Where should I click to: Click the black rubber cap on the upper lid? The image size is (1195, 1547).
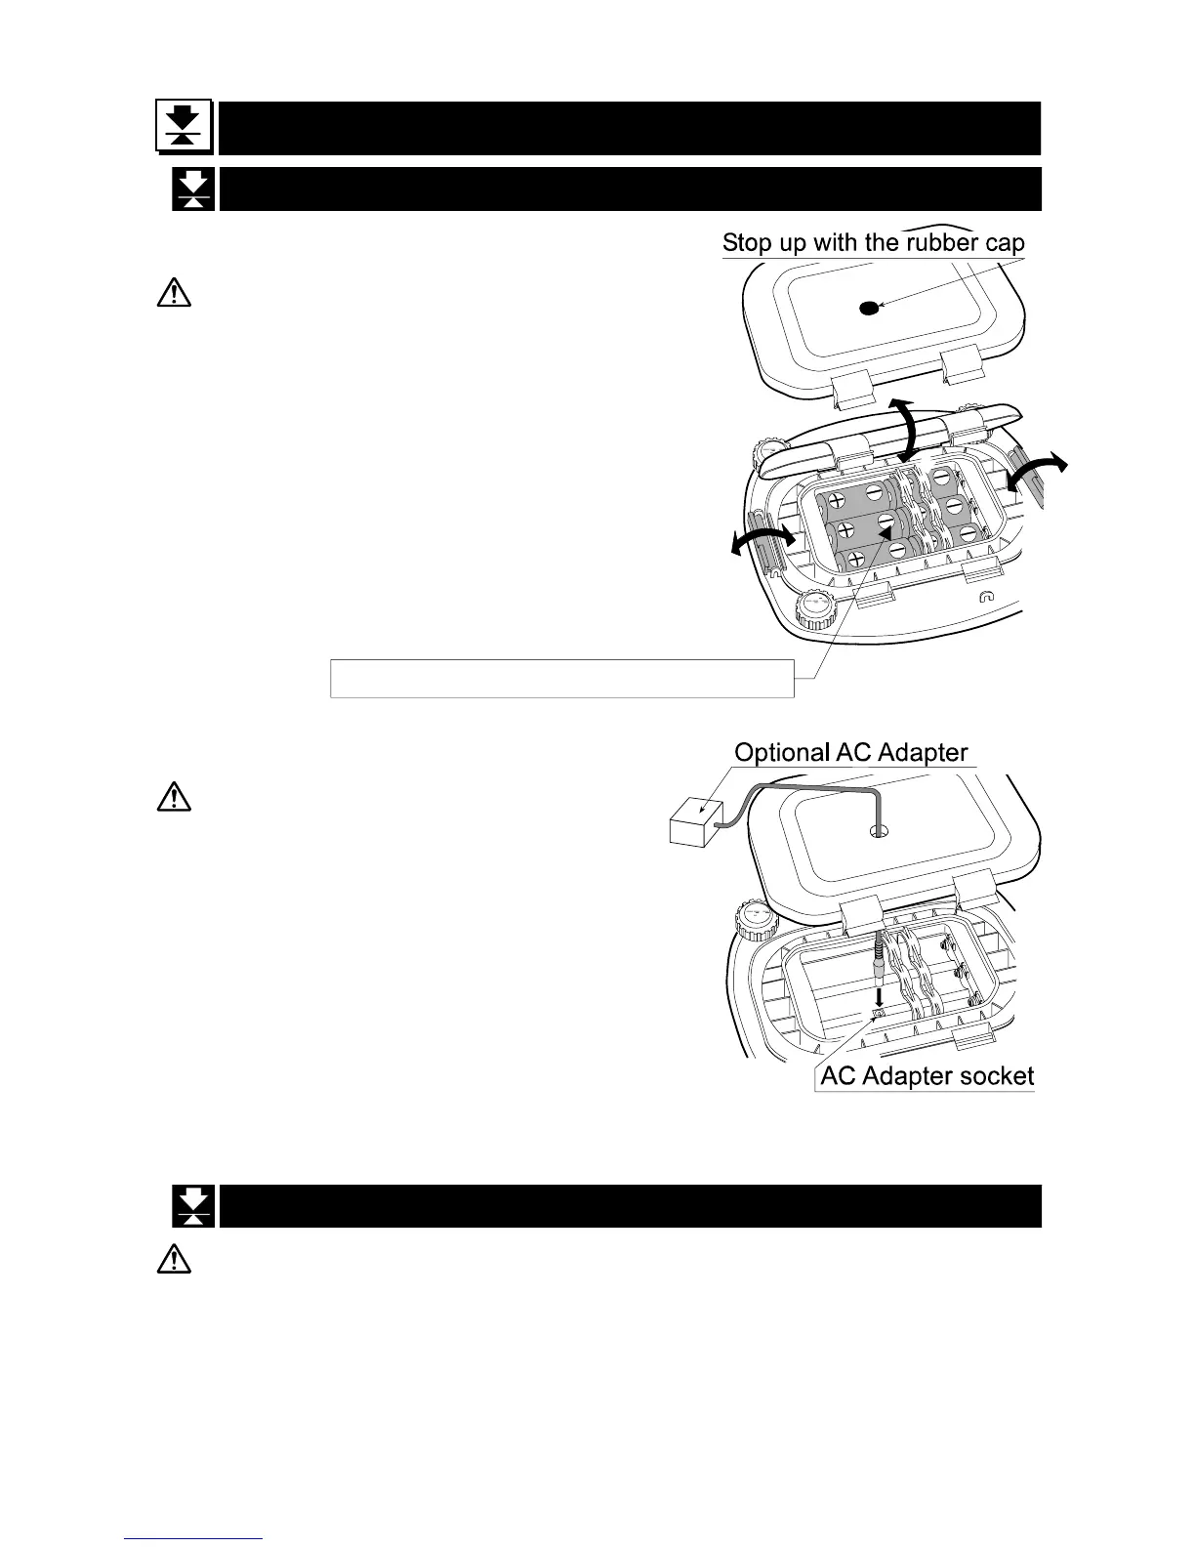(x=868, y=309)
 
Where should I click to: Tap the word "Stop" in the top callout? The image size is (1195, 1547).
(x=748, y=242)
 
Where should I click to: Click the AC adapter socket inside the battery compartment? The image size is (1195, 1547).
(x=879, y=1015)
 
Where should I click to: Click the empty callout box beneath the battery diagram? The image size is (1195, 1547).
(x=561, y=678)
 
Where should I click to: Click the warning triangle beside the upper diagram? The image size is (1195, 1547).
(x=173, y=294)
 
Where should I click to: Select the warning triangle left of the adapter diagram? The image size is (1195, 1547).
(x=173, y=798)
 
